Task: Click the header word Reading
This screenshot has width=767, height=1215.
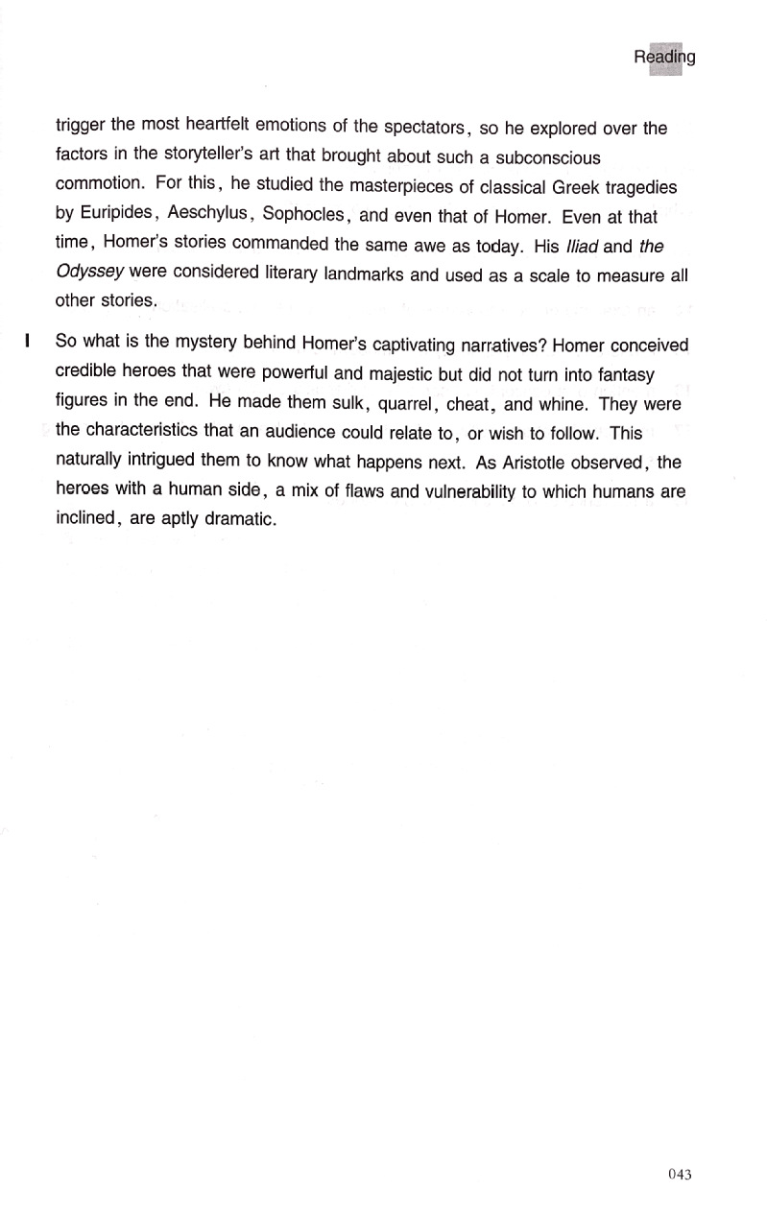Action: (x=664, y=58)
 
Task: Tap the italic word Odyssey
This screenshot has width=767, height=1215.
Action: (x=84, y=274)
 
